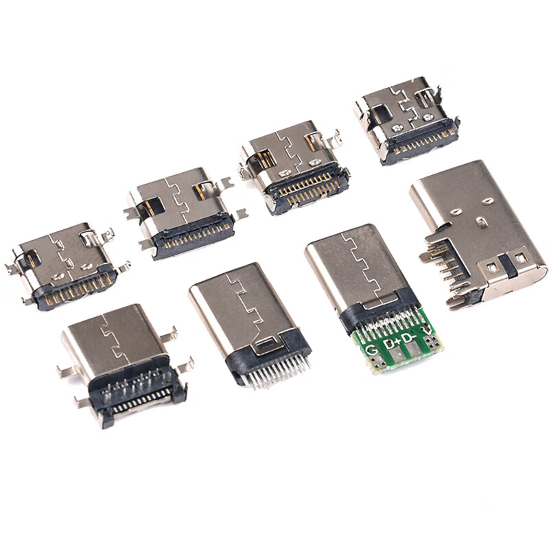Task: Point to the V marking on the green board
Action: pyautogui.click(x=429, y=332)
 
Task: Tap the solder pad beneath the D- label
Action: pyautogui.click(x=417, y=352)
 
